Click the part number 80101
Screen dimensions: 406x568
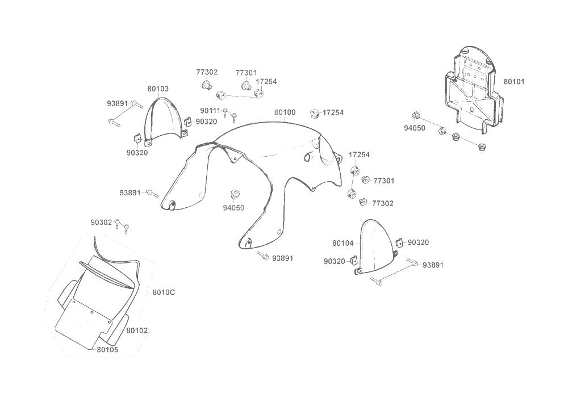coord(513,82)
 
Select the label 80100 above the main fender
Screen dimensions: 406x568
coord(285,112)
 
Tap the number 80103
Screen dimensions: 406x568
coord(158,89)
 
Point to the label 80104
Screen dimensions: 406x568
coord(343,243)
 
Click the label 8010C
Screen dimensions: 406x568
coord(164,292)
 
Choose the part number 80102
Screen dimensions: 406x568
coord(137,330)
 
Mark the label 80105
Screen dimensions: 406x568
coord(107,350)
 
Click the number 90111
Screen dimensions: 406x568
coord(210,111)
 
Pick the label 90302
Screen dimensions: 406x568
coord(101,222)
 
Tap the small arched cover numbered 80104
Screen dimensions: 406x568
coord(374,244)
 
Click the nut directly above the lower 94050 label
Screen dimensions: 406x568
coord(233,194)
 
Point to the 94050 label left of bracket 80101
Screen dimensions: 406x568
coord(415,128)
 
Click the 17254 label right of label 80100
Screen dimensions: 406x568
coord(333,112)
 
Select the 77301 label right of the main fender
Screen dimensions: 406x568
coord(383,181)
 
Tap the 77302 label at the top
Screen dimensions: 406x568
coord(207,73)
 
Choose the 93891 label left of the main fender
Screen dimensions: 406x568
coord(130,193)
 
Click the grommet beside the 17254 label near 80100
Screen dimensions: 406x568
coord(314,113)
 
